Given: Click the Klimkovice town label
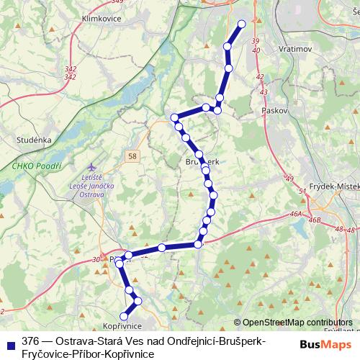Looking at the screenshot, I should coord(102,18).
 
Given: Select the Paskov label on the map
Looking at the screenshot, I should coord(276,112).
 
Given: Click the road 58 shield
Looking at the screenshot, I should coord(132,156).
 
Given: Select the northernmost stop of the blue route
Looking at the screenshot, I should coord(241,24).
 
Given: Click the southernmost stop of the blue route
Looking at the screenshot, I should coord(124,315).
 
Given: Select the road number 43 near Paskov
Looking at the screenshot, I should coord(264,91).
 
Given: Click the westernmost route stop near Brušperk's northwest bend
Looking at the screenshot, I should coord(174,117).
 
